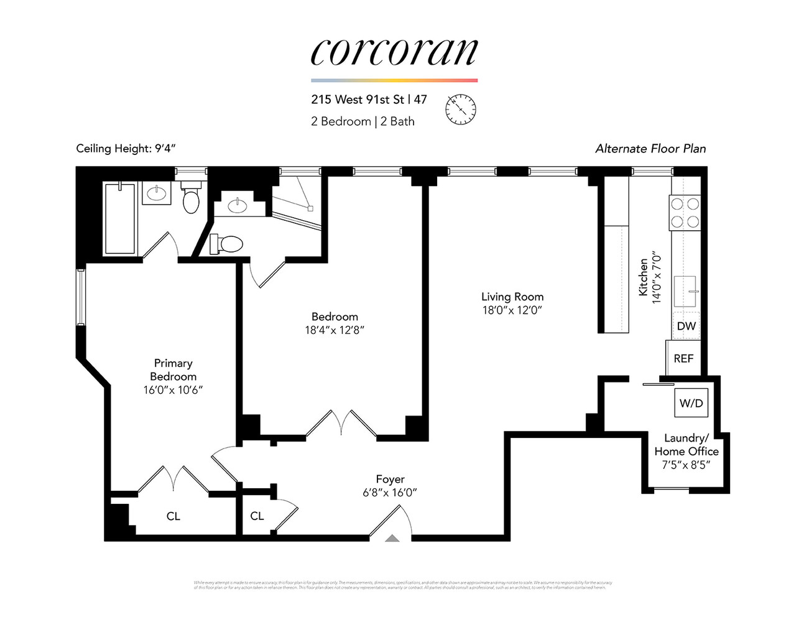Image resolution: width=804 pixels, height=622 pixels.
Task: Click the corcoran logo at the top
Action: [394, 52]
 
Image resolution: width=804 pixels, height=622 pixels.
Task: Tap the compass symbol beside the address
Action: [461, 108]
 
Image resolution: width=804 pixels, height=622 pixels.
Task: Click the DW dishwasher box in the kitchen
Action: [686, 326]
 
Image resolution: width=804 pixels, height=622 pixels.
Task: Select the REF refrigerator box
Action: [683, 358]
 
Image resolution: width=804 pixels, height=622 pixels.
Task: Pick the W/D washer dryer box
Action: [691, 403]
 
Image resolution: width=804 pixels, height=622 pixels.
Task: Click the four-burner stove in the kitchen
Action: [685, 212]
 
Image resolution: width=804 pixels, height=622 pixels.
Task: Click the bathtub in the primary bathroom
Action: [119, 218]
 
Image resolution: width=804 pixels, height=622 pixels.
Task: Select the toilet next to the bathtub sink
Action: [191, 198]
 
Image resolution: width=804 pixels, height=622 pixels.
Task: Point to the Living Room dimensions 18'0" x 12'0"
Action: [512, 310]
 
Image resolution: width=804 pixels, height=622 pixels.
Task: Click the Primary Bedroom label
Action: [173, 369]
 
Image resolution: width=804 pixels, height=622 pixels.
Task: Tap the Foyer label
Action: [390, 479]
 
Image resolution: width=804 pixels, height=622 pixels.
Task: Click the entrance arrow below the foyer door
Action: [392, 539]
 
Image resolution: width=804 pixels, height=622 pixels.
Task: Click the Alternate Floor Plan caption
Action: [650, 148]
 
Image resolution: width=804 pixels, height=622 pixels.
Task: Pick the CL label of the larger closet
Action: [173, 516]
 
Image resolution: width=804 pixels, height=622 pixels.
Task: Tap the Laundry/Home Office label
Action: [686, 445]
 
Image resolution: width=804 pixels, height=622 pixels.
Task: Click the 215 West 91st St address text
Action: [358, 100]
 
